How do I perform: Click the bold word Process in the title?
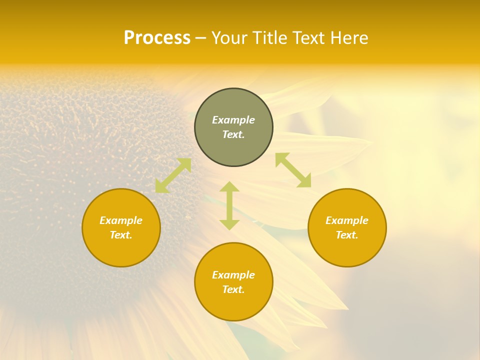tap(157, 38)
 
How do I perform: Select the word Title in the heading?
tap(268, 38)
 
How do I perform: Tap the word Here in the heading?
tap(348, 38)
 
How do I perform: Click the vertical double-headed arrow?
tap(229, 205)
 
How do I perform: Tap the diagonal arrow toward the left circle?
tap(173, 175)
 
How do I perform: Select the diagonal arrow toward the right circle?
tap(293, 170)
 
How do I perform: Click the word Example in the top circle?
tap(233, 120)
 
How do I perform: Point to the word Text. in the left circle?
tap(121, 235)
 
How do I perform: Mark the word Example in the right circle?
tap(347, 220)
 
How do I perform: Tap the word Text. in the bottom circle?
tap(233, 289)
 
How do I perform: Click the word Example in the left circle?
tap(121, 220)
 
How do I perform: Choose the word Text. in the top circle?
tap(233, 134)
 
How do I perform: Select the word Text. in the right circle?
tap(347, 235)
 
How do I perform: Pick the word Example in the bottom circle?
tap(233, 275)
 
